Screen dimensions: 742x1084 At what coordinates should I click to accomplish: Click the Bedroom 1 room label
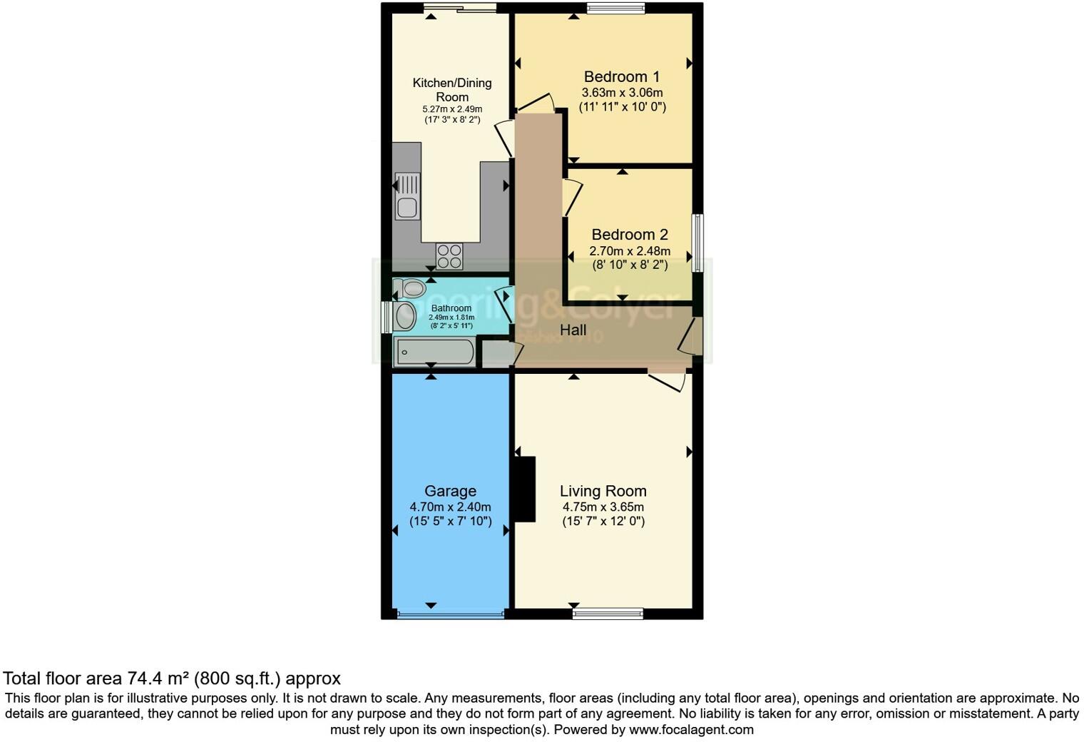(621, 77)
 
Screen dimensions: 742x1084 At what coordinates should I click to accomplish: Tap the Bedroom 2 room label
(630, 235)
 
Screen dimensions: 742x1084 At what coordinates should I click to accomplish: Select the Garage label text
(450, 491)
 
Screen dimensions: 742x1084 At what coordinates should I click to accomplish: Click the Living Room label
(603, 491)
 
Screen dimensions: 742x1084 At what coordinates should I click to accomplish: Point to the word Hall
(573, 330)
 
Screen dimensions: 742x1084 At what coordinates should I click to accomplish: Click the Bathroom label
(451, 308)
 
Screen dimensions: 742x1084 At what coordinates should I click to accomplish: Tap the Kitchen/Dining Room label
(452, 90)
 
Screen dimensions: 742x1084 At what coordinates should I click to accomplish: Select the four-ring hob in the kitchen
(449, 256)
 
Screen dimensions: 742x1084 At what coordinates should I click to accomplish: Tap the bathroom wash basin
(404, 317)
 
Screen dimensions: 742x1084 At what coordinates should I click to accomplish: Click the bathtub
(434, 352)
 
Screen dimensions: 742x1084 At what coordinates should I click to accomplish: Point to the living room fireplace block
(525, 489)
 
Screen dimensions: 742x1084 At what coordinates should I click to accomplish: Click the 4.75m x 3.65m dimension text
(603, 507)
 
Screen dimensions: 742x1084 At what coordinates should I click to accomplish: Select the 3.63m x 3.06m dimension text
(622, 93)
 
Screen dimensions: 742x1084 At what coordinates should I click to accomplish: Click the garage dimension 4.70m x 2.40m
(450, 507)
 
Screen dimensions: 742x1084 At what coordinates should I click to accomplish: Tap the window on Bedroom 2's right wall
(698, 243)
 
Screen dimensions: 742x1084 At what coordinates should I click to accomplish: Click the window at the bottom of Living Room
(608, 613)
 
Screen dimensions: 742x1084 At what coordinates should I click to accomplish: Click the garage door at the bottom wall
(451, 614)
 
